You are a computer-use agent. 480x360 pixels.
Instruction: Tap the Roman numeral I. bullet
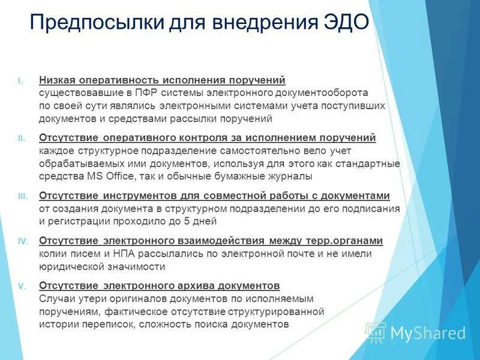[20, 80]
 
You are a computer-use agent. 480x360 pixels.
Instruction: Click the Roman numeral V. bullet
[21, 286]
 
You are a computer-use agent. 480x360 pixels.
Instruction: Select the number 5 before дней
[187, 221]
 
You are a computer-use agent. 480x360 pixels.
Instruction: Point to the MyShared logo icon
[376, 332]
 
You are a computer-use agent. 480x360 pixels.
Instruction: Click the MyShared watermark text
[428, 333]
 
